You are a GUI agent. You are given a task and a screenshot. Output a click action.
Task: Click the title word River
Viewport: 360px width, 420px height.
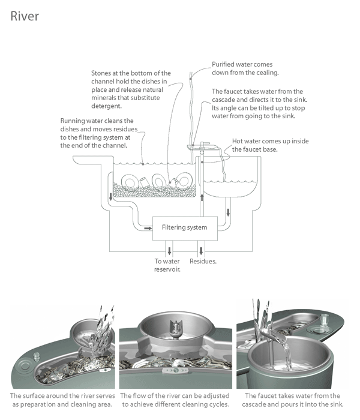[25, 16]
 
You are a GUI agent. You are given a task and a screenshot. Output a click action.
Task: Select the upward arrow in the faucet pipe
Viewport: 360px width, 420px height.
[202, 196]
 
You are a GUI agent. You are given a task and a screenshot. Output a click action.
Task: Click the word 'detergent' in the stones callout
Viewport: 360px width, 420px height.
[106, 106]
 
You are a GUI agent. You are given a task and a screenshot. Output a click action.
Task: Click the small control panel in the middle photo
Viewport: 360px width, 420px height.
[176, 372]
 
